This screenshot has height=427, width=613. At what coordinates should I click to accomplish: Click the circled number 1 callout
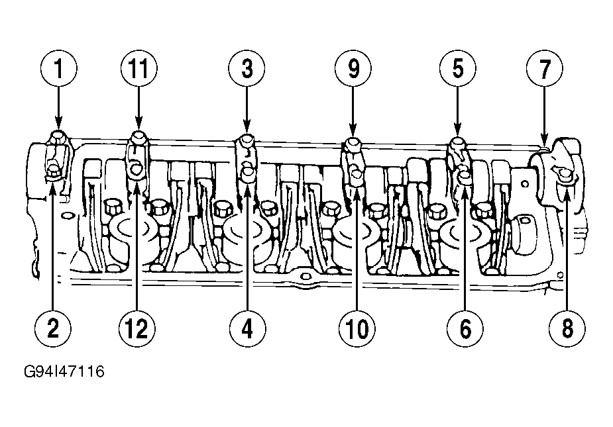pos(58,68)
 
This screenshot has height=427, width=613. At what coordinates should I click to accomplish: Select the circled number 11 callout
pos(139,68)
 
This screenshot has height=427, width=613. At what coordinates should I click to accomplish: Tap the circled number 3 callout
pos(247,68)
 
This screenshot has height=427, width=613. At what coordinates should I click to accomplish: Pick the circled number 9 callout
pos(353,68)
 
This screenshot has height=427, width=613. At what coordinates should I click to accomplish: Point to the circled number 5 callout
pos(458,68)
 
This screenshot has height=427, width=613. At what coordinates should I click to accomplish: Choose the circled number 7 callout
pos(545,68)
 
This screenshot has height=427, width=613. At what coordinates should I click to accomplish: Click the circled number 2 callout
pos(53,328)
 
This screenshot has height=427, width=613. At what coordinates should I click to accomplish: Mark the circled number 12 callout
pos(137,328)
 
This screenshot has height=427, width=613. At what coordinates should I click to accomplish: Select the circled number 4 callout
pos(247,328)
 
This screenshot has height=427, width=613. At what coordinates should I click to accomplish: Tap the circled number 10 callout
pos(357,328)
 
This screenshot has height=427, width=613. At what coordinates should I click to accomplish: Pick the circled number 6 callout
pos(465,328)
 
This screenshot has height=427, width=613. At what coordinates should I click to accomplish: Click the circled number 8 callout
pos(567,328)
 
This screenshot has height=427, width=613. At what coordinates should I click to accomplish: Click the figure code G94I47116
pos(64,371)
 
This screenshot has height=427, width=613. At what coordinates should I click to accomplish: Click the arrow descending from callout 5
pos(458,111)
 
